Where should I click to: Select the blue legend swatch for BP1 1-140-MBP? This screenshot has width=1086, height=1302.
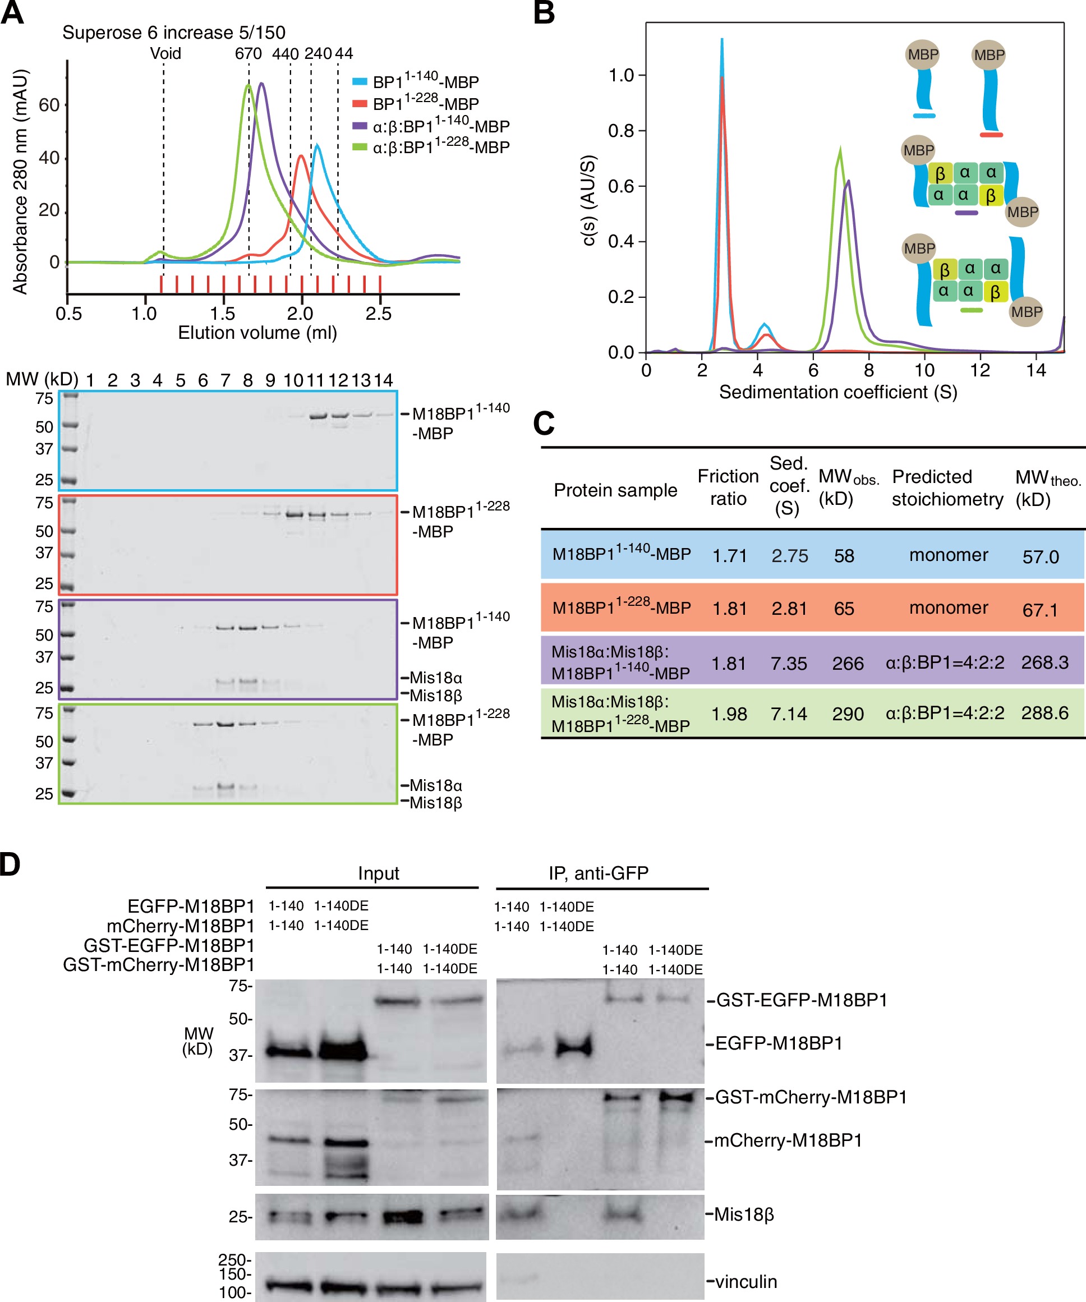360,81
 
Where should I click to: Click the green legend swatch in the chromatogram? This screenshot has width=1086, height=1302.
360,147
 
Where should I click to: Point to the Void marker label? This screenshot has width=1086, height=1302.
165,53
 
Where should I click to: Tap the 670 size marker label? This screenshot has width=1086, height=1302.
248,54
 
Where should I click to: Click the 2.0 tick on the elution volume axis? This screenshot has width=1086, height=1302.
301,313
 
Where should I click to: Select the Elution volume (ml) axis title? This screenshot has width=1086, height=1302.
257,333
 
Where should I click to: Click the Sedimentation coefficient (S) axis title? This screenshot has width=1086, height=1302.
838,392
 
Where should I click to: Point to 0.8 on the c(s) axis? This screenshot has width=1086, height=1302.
621,131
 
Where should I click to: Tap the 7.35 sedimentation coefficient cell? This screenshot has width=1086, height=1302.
789,664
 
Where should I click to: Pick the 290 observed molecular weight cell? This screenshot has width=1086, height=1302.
848,714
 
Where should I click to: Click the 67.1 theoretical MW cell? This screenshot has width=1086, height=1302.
1039,610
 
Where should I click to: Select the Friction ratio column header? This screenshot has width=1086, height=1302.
728,487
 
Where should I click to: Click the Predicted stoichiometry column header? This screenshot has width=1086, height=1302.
946,487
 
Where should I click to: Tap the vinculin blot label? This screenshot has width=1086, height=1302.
746,1282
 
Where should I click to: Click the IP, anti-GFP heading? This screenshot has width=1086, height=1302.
598,873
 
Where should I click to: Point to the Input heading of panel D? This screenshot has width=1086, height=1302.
378,873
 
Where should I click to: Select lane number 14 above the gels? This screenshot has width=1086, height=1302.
384,380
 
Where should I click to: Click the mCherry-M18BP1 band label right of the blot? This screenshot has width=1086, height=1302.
788,1141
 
